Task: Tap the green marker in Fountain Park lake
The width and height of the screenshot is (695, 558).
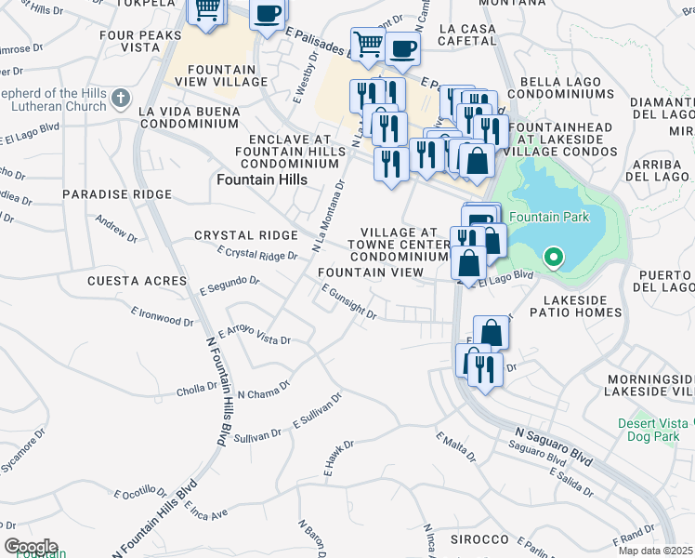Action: coord(553,256)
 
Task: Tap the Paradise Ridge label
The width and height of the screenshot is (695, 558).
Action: coord(117,194)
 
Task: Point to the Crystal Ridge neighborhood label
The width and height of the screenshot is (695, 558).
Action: coord(245,236)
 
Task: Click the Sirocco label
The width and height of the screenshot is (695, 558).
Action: coord(480,539)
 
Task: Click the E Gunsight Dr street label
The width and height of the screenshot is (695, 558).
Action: coord(348,302)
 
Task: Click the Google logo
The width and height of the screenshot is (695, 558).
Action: coord(31,547)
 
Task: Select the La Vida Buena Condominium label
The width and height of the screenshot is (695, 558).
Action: coord(189,118)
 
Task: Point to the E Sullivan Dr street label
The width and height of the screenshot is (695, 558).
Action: coord(318,409)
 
